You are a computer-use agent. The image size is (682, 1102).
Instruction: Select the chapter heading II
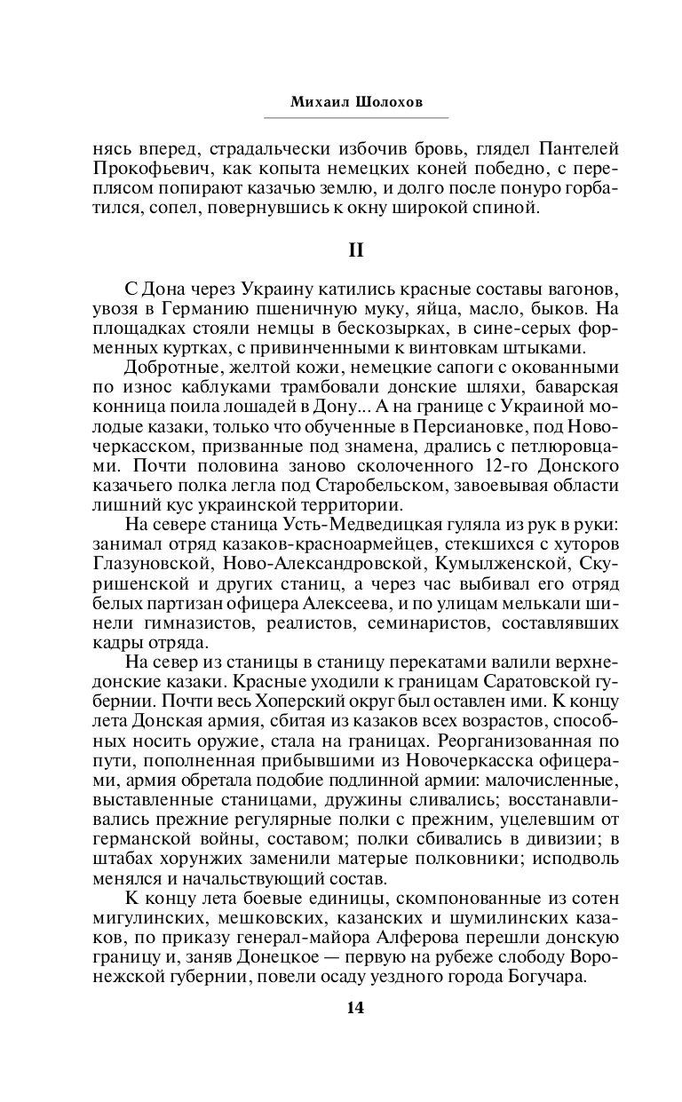pyautogui.click(x=355, y=251)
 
